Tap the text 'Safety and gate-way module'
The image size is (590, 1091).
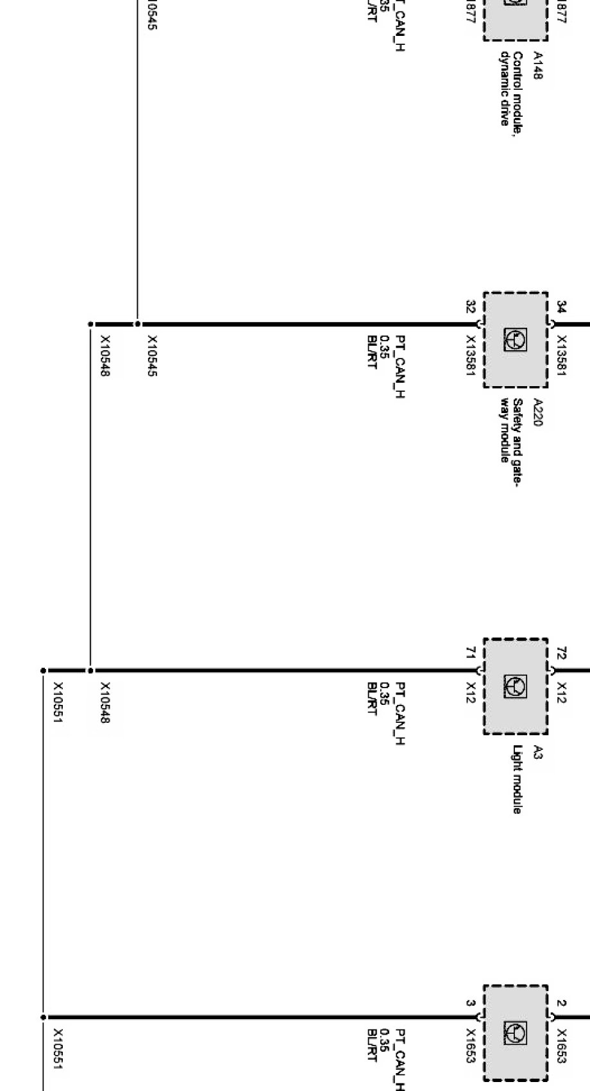click(x=511, y=430)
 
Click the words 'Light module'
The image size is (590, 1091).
click(x=517, y=779)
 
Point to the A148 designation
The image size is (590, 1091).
click(x=537, y=66)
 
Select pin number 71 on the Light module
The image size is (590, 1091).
click(x=470, y=653)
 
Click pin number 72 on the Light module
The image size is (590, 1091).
click(x=562, y=653)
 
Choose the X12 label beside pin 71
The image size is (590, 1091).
click(x=471, y=692)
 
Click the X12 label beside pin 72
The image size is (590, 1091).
click(x=562, y=692)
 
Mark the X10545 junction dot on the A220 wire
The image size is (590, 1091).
click(x=137, y=324)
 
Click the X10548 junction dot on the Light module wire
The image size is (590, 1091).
click(x=90, y=670)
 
